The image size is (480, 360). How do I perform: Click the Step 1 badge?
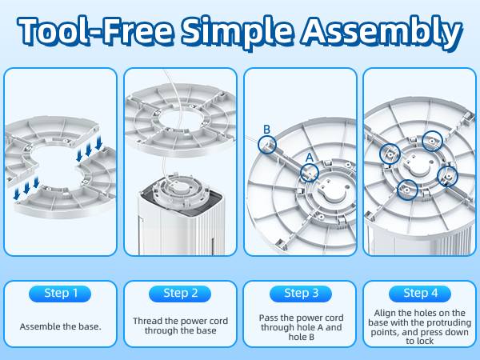(60, 294)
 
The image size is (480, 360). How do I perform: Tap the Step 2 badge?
(180, 294)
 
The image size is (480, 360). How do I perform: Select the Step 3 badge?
(301, 294)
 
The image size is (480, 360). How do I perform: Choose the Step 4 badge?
(420, 294)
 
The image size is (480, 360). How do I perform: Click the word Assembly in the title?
(382, 31)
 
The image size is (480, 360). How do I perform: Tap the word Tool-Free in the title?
(95, 30)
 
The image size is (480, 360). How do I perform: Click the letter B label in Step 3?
(266, 130)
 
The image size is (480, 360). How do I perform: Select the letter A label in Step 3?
(310, 158)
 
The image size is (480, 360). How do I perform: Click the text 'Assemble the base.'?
(60, 326)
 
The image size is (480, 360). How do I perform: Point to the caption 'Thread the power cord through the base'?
(180, 326)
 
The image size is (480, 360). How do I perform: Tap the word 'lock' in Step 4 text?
(426, 341)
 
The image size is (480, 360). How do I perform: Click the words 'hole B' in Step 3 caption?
(302, 337)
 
